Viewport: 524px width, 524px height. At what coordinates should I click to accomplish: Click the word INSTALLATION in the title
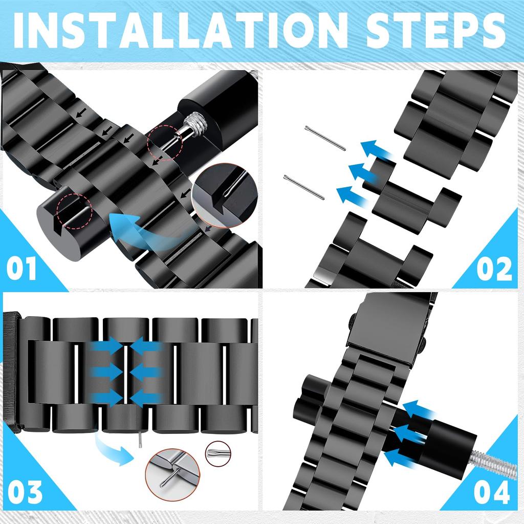181,31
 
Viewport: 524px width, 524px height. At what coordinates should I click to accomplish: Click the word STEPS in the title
435,31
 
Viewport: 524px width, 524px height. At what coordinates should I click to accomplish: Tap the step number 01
21,269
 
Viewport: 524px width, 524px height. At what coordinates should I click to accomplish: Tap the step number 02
494,269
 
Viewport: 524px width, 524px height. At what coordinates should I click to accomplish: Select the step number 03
26,492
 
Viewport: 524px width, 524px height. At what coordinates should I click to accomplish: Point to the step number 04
492,492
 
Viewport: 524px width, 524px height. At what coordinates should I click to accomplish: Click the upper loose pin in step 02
325,138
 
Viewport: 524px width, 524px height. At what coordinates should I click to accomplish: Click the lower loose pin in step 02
304,187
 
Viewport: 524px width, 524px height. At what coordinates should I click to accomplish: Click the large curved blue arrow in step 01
140,231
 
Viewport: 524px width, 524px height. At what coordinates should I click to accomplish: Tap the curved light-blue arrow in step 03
114,449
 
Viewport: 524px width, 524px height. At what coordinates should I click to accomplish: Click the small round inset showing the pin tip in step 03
218,453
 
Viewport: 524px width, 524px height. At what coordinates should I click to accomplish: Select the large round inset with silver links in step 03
172,474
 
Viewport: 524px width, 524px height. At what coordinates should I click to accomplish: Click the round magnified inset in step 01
225,196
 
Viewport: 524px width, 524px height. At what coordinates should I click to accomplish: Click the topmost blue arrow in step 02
378,151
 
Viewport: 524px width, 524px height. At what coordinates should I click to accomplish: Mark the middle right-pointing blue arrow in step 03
107,372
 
